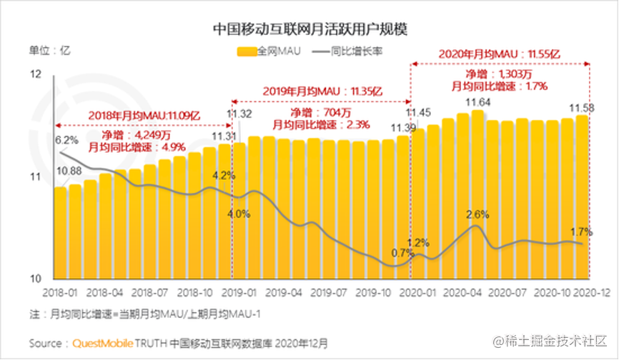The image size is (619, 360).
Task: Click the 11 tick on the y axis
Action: pos(37,176)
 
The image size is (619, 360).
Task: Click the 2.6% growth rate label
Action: pos(477,214)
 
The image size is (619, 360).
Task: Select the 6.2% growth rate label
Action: pos(66,139)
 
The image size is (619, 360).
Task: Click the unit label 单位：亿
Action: pos(49,50)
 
